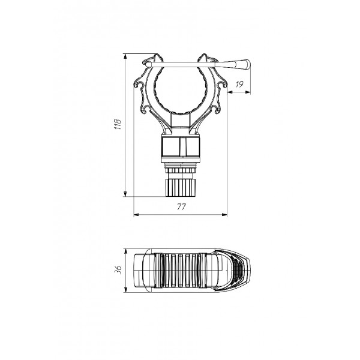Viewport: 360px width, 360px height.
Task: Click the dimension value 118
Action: (118, 124)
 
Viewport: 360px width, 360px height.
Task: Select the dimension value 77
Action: (181, 207)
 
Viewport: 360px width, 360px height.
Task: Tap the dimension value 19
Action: (239, 84)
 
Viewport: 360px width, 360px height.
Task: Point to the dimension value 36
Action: (118, 270)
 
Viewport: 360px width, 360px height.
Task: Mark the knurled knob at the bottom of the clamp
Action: (181, 188)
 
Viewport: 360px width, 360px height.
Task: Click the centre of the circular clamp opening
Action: (181, 89)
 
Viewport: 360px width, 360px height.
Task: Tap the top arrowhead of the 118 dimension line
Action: (125, 56)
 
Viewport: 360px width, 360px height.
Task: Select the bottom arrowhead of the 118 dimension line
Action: (125, 194)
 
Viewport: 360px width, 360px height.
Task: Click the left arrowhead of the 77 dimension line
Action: (136, 215)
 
